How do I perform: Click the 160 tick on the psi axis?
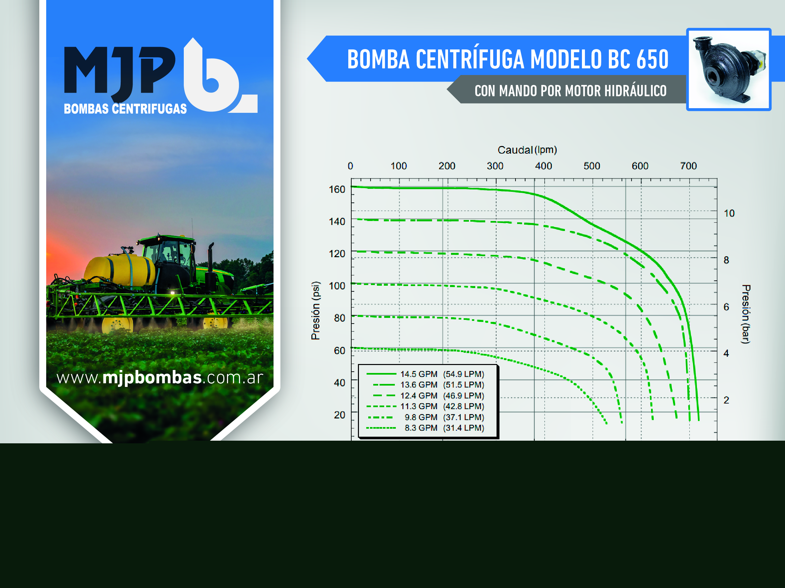point(337,189)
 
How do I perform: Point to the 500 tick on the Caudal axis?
point(592,166)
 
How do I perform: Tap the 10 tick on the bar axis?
point(729,213)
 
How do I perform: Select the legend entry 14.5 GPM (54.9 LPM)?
point(425,374)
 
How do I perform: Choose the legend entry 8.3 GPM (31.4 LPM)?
point(425,428)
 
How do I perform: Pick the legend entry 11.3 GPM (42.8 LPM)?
point(425,406)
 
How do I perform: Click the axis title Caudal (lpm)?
point(527,150)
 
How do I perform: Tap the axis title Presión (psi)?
point(315,311)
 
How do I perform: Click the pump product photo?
point(729,69)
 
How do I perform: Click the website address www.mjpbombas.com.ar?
point(160,378)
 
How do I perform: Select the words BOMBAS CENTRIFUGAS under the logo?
point(125,109)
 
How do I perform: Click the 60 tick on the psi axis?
point(339,351)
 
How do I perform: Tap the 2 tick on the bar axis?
point(727,400)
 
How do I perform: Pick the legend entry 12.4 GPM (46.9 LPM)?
point(425,396)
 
